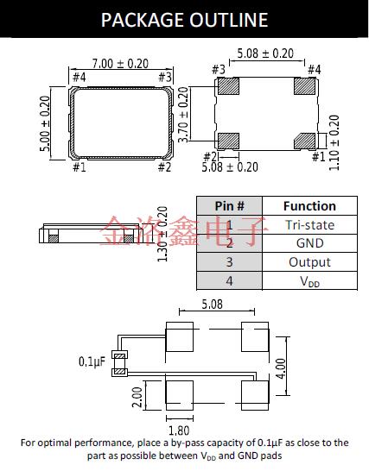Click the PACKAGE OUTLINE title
click(x=184, y=20)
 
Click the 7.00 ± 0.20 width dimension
click(x=120, y=64)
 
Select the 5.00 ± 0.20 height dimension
click(x=45, y=123)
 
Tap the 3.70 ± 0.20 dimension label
click(x=183, y=115)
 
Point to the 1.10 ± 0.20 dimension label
click(x=334, y=142)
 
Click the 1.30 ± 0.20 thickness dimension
click(x=162, y=234)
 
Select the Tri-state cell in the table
click(x=309, y=225)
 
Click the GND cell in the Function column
click(x=309, y=243)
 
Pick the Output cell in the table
click(x=309, y=262)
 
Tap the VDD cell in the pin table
click(x=309, y=281)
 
